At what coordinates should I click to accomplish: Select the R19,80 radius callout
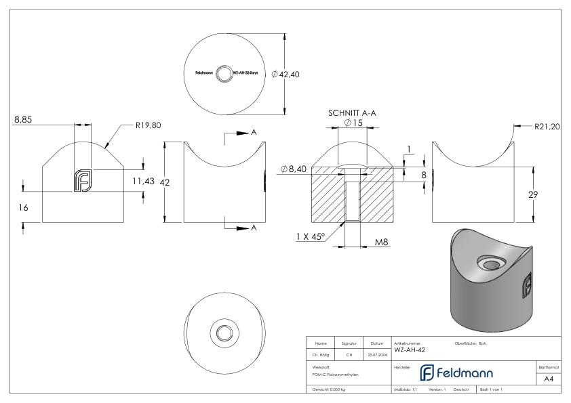tap(148, 125)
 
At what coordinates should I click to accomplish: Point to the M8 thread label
tap(382, 242)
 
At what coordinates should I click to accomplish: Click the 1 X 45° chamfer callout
tap(311, 236)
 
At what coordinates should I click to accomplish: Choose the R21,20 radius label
tap(545, 126)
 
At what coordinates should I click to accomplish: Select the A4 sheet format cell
tap(550, 379)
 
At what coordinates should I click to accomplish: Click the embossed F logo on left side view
tap(82, 180)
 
